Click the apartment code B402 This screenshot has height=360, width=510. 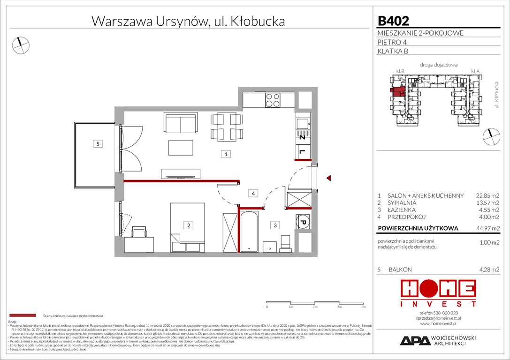point(393,21)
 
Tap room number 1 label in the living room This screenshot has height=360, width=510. point(226,154)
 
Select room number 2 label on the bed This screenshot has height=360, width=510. point(189,225)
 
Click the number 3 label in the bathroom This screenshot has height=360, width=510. point(275,225)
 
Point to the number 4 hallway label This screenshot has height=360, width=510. point(253,193)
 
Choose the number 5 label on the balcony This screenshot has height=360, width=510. point(98,144)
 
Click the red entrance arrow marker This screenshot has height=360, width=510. point(329,178)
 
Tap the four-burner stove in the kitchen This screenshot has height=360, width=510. point(273,99)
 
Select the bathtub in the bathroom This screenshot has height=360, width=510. point(248,232)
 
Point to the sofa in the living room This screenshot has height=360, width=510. point(179,123)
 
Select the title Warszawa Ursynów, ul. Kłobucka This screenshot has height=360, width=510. point(188,21)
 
